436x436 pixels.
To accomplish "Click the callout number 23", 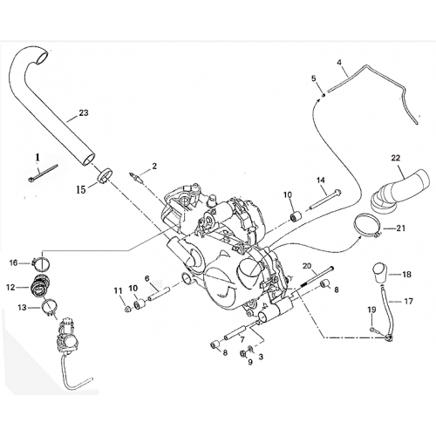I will pyautogui.click(x=84, y=113).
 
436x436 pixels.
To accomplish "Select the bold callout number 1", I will pyautogui.click(x=37, y=156).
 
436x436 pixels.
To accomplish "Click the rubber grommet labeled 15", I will pyautogui.click(x=105, y=176).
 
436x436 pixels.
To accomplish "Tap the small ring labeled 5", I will pyautogui.click(x=324, y=92).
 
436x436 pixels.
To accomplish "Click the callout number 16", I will pyautogui.click(x=13, y=262).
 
